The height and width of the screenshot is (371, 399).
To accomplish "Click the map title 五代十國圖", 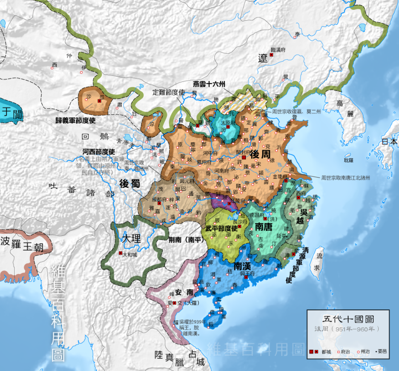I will (x=348, y=319).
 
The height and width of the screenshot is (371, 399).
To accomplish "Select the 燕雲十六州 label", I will (x=209, y=84).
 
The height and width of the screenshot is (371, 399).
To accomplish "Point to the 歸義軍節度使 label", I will (x=77, y=121).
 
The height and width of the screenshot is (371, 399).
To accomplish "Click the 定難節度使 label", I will (x=169, y=92).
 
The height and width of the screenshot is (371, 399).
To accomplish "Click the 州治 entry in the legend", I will (x=365, y=351).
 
